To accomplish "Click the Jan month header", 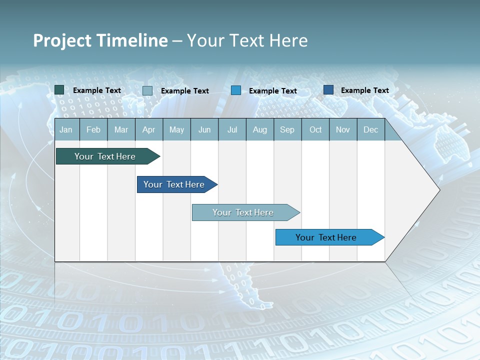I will click(66, 130).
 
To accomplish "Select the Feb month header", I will click(93, 130).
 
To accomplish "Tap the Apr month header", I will click(148, 130).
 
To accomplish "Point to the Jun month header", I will click(204, 130).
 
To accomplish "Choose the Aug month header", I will click(259, 130).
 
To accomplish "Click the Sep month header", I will click(287, 130).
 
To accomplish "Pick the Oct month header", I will click(315, 130).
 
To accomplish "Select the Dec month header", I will click(370, 130).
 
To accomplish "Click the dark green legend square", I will click(59, 90).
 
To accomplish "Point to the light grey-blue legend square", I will click(147, 90).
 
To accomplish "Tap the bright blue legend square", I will click(236, 90).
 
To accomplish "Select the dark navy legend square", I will click(328, 90).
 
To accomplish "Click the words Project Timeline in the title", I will click(100, 40).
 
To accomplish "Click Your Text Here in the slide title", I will click(247, 40).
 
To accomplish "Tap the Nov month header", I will click(343, 130).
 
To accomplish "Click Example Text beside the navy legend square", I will click(364, 90).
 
